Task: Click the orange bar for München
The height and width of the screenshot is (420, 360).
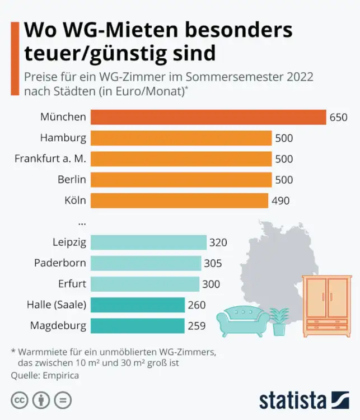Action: pyautogui.click(x=208, y=117)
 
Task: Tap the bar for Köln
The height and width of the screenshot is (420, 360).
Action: pyautogui.click(x=179, y=200)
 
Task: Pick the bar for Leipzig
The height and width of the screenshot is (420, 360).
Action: pyautogui.click(x=148, y=242)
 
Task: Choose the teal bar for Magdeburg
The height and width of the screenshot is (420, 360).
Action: pyautogui.click(x=137, y=325)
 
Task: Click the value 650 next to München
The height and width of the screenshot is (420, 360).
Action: pyautogui.click(x=339, y=118)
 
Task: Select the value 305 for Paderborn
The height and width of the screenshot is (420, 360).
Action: pyautogui.click(x=213, y=263)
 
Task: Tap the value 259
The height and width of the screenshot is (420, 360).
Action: pyautogui.click(x=197, y=325)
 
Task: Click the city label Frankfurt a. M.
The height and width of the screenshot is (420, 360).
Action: pyautogui.click(x=50, y=159)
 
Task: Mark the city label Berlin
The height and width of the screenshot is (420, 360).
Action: pyautogui.click(x=71, y=180)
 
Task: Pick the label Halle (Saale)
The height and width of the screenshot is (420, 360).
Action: pyautogui.click(x=57, y=305)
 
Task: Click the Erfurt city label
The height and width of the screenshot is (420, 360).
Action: pyautogui.click(x=72, y=284)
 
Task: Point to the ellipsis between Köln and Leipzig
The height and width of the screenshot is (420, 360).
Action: pyautogui.click(x=82, y=222)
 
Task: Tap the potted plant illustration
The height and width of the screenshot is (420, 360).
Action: pyautogui.click(x=279, y=321)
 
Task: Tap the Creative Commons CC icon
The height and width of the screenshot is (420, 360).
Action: pyautogui.click(x=21, y=400)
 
